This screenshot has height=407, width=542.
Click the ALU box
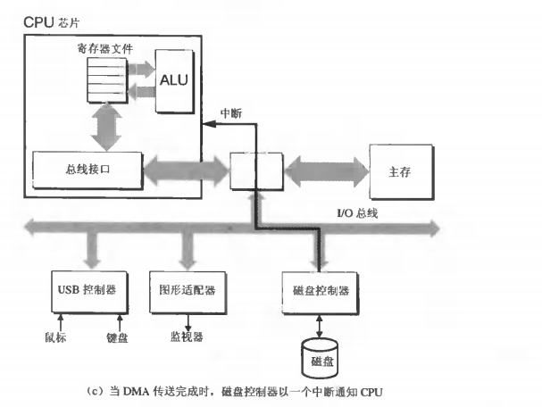(x=176, y=80)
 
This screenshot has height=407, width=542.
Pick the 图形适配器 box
(x=188, y=290)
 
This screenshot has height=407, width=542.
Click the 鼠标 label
(x=58, y=339)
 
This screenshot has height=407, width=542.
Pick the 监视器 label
(x=187, y=339)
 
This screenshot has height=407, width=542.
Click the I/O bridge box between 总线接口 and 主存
(x=255, y=169)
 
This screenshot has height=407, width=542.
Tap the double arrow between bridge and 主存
(x=325, y=169)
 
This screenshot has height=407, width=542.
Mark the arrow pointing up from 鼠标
(x=58, y=319)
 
